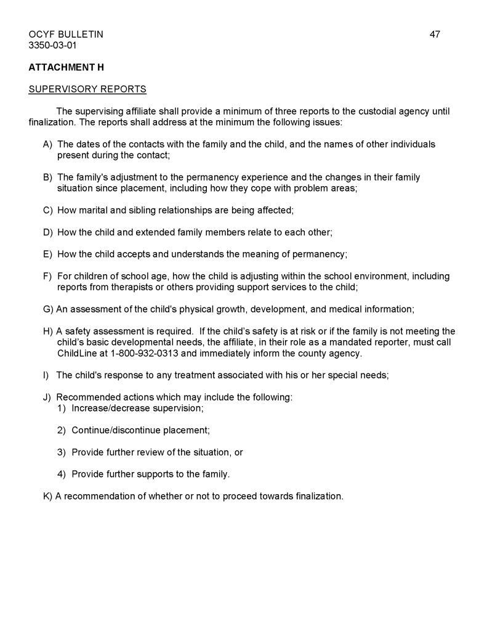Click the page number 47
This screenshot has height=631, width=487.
435,35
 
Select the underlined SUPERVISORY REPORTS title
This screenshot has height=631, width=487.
87,89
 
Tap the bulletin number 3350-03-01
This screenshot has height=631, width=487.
52,45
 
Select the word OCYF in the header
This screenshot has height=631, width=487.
42,35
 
